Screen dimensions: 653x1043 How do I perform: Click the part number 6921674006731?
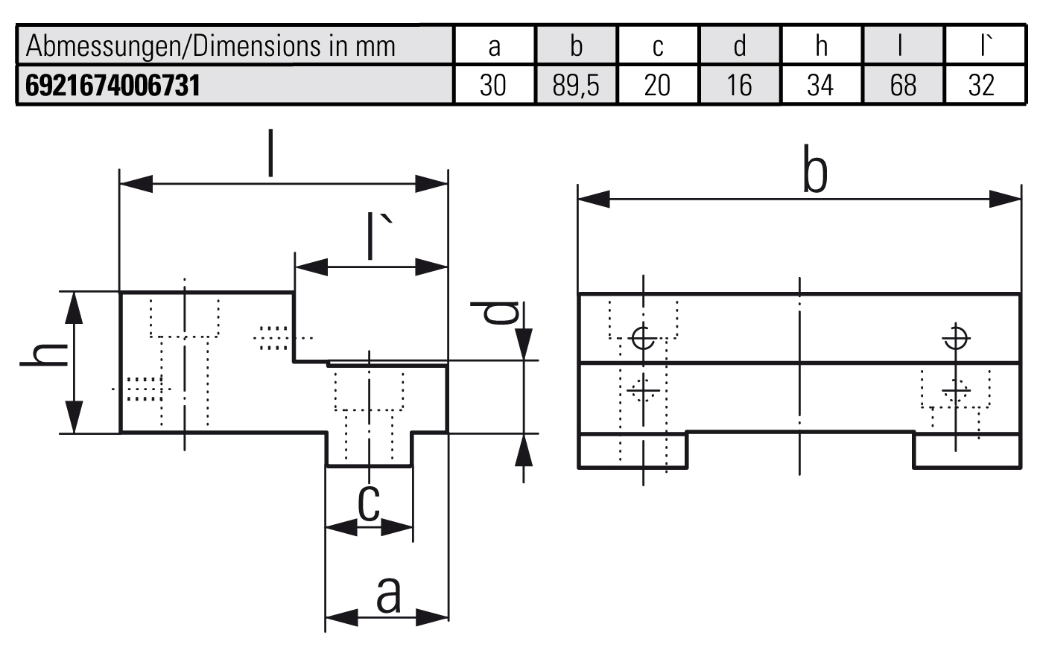[113, 85]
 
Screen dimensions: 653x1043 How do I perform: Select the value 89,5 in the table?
[576, 86]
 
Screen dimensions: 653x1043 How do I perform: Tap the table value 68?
[902, 86]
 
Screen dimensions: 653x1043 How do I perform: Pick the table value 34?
[820, 86]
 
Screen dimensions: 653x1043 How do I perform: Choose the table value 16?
[739, 86]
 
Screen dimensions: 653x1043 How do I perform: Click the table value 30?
[493, 86]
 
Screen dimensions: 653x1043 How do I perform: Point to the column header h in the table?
[821, 46]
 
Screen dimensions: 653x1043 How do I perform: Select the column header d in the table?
[739, 46]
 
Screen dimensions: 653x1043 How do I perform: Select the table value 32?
[981, 86]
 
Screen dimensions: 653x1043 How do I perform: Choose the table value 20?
[657, 86]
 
